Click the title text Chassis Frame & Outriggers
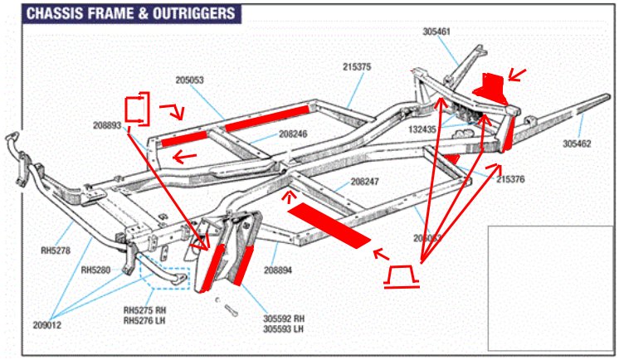point(129,14)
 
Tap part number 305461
point(436,32)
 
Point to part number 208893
point(108,126)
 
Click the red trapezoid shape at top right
point(489,84)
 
